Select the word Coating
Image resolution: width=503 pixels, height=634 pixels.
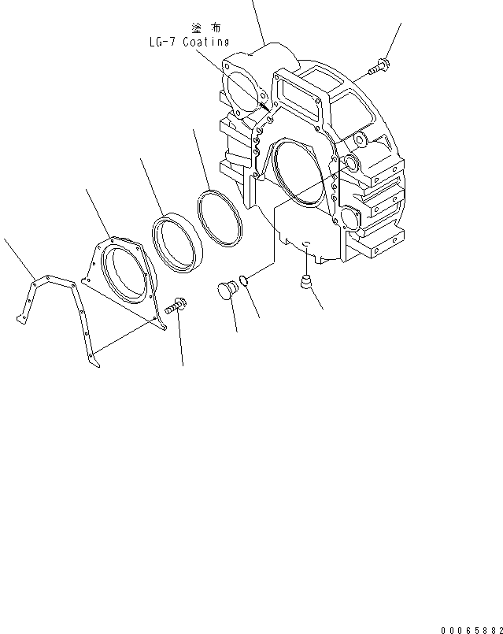[206, 42]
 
